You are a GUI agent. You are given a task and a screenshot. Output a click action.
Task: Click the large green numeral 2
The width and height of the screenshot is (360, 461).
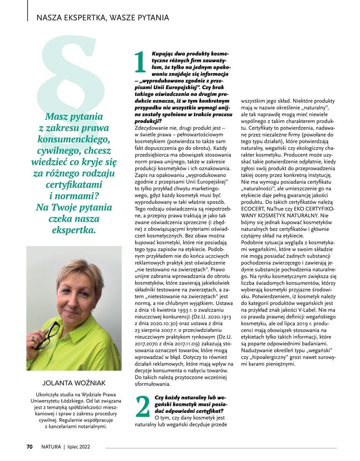142,406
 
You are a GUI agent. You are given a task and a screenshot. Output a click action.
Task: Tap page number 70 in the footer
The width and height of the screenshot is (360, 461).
30,446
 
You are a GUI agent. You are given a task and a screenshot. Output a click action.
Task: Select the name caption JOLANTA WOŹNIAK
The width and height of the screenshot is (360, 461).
74,383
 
